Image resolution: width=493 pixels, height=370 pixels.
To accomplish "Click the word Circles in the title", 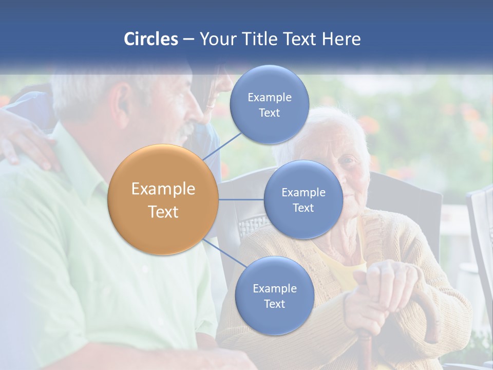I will [150, 39].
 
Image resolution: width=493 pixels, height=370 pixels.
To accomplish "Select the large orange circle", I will [163, 199].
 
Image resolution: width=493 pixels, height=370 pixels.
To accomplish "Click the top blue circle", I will [269, 105].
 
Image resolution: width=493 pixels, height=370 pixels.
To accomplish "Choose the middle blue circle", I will [303, 199].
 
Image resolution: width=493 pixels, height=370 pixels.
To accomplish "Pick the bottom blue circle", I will [274, 295].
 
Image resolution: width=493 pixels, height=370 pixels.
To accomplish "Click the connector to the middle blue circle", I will [241, 199].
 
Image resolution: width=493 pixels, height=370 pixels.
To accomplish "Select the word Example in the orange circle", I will [163, 189].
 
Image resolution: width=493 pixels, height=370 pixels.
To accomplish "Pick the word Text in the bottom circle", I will [274, 304].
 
